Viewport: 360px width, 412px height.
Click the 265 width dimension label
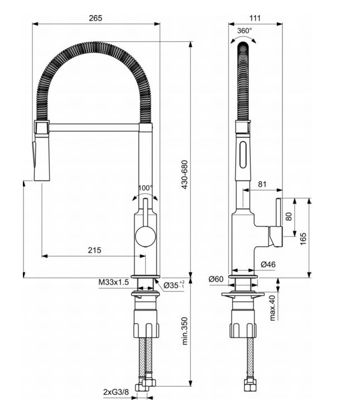pos(95,18)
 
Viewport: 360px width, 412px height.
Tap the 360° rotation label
pos(244,31)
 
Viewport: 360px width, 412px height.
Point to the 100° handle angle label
pos(145,188)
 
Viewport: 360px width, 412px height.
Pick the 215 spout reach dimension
pos(94,250)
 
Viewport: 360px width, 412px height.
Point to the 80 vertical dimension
pos(289,216)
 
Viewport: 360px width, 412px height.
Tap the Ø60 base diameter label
pos(216,279)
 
